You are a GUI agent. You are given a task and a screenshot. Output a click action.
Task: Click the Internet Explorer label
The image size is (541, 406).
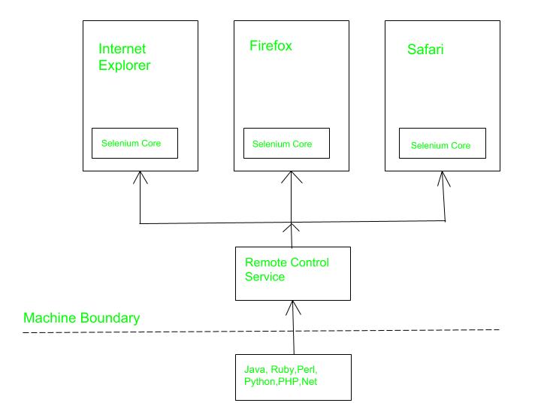125,57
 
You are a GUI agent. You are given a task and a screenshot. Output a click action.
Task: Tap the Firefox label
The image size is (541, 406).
270,46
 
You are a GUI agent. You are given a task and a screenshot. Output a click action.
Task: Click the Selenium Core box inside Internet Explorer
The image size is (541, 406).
135,143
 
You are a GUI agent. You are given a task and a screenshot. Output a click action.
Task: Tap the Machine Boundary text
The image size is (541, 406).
82,318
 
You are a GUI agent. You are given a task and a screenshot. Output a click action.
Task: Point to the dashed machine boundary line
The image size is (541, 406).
263,331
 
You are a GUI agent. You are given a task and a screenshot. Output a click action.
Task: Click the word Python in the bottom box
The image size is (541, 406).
260,383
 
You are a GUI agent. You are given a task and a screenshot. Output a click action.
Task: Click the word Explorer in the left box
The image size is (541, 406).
125,65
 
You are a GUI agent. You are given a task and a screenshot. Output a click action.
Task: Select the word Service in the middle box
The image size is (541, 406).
266,277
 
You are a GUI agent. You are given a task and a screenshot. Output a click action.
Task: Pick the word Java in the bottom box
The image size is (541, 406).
255,371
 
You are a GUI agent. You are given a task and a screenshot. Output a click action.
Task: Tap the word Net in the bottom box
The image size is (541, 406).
319,383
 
